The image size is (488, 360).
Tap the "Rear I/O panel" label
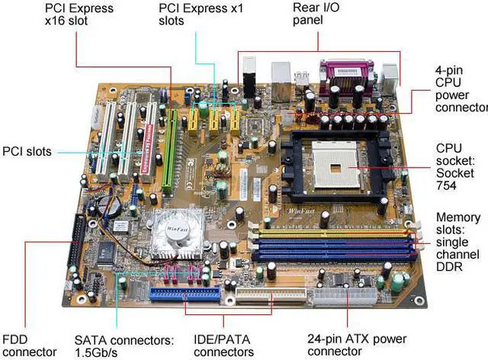[313, 14]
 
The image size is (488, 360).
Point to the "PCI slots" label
[27, 152]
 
